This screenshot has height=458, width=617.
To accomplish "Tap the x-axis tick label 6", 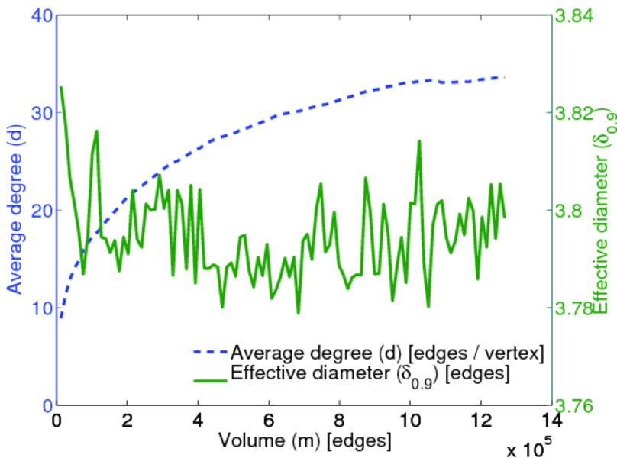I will pos(268,421).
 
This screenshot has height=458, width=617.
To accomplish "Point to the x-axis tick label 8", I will pos(339,421).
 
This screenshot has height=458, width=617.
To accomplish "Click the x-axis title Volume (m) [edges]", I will pos(305,440).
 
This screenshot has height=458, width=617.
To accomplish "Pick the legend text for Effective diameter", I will pos(370,374).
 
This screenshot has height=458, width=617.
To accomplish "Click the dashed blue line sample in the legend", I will pos(210,353).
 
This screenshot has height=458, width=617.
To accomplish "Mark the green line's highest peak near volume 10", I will pos(419,141).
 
